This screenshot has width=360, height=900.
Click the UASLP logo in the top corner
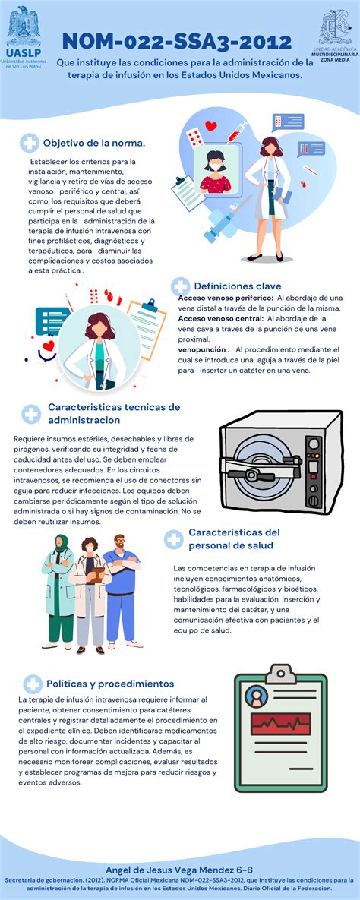click(x=24, y=36)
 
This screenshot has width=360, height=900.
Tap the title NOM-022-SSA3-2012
click(x=177, y=41)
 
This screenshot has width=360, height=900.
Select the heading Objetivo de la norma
click(x=94, y=142)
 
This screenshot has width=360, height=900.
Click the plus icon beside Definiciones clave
click(x=180, y=286)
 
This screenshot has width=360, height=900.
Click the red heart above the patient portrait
click(x=211, y=126)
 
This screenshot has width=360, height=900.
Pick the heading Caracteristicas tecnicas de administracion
click(x=114, y=413)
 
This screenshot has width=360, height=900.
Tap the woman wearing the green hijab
click(x=59, y=591)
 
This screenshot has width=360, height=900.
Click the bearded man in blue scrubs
click(x=120, y=591)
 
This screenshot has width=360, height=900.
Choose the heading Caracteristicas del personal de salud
click(x=234, y=538)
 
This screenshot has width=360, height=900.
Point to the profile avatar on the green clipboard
click(x=256, y=696)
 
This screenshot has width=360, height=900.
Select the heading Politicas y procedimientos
click(x=110, y=684)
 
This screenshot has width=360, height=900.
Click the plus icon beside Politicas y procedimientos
click(x=33, y=684)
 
